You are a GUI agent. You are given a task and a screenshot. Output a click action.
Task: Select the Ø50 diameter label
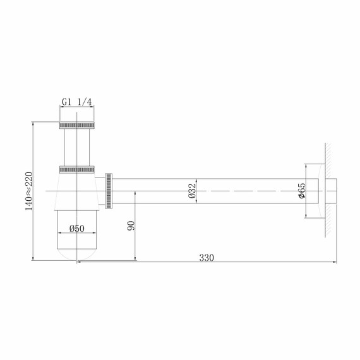[x=77, y=227]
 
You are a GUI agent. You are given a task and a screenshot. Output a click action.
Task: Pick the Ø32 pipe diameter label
[x=193, y=190]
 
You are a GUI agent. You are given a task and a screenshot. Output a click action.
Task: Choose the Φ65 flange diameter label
[x=302, y=190]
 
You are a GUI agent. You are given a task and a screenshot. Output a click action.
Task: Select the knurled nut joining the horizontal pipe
[x=109, y=190]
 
